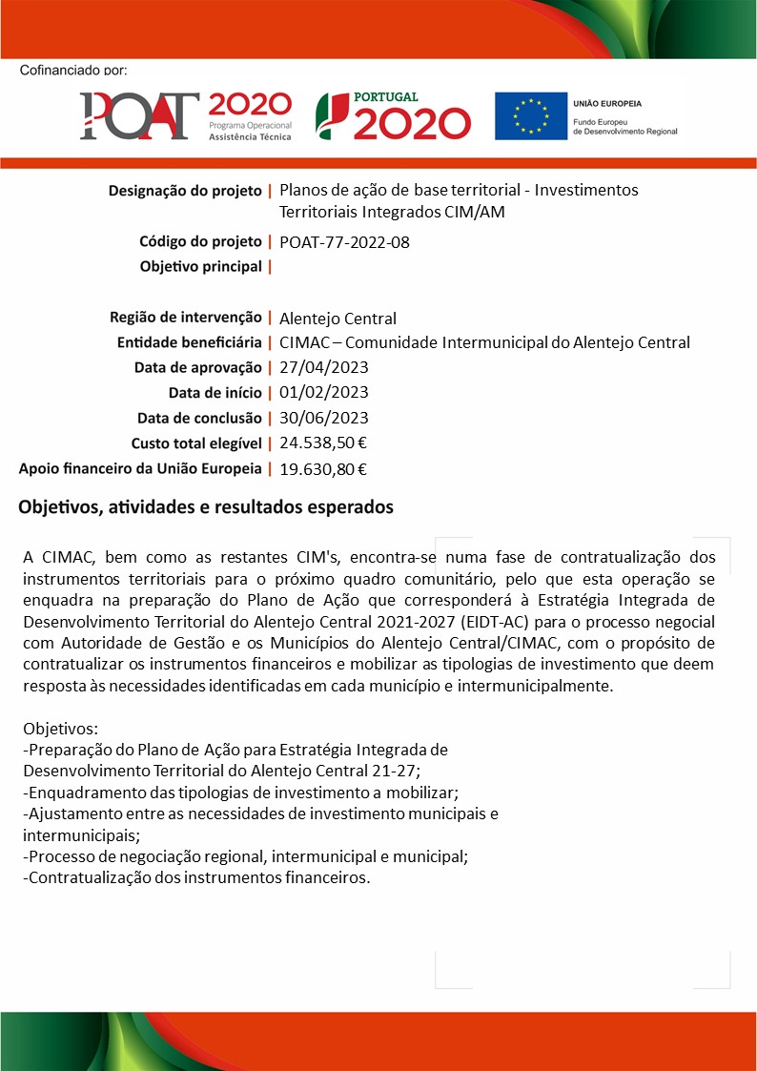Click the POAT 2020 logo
coord(185,116)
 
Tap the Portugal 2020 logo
coord(393,116)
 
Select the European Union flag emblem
coord(530,116)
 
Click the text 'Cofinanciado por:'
coord(72,70)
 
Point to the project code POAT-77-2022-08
coord(344,242)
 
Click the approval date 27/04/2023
coord(324,368)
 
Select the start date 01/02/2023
coord(324,393)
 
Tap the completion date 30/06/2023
coord(324,418)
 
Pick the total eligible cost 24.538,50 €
coord(323,443)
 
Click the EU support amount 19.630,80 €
coord(323,468)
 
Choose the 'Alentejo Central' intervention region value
coord(338,319)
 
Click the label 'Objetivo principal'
coord(200,266)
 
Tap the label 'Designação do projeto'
coord(185,191)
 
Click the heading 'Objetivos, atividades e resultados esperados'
coord(206,507)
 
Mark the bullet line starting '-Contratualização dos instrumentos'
coord(195,877)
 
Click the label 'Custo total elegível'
coord(195,443)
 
